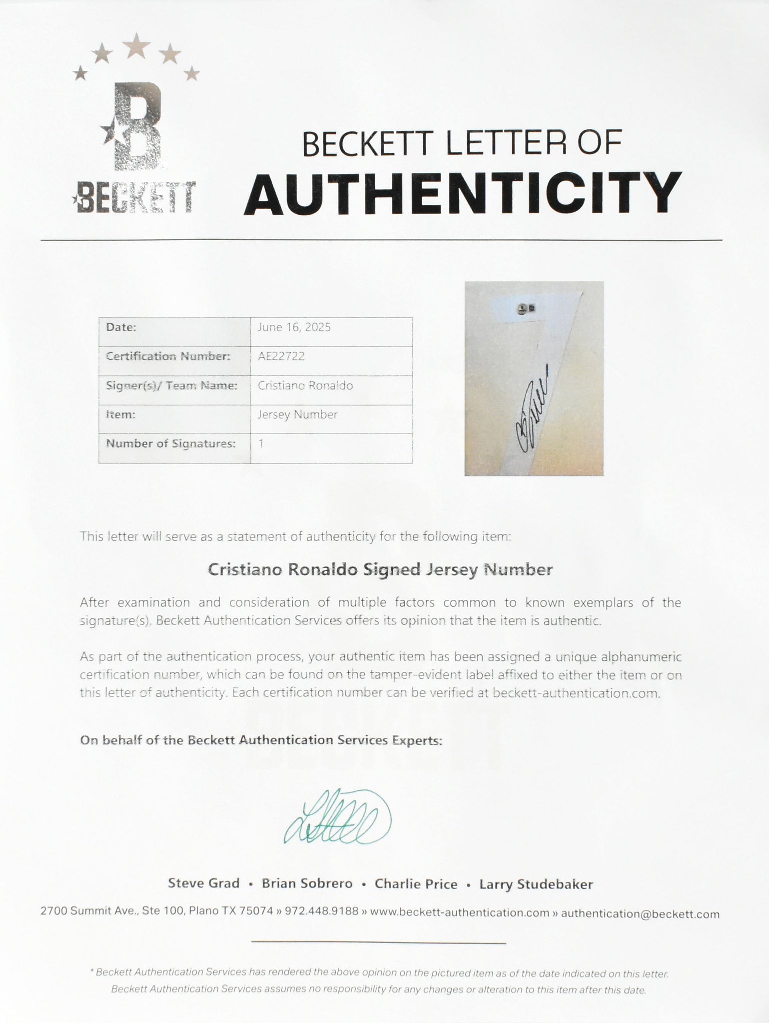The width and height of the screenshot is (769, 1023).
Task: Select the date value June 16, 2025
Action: click(294, 327)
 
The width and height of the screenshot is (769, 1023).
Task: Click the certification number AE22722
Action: click(281, 356)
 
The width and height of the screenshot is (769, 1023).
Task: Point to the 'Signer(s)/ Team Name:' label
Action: click(171, 386)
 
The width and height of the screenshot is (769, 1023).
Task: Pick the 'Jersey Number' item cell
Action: click(297, 415)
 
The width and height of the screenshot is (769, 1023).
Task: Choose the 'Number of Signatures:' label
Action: click(170, 444)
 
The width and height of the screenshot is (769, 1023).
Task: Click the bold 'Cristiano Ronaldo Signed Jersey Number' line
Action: click(380, 570)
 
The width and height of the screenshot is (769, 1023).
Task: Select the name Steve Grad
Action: click(204, 884)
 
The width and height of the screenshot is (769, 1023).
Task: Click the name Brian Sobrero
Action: click(307, 884)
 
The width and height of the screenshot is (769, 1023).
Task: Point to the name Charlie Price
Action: click(416, 884)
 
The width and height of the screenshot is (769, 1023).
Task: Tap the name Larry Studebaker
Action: click(536, 884)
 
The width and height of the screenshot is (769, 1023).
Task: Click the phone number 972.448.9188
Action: click(321, 911)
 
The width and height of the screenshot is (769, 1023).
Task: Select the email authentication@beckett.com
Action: click(640, 914)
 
